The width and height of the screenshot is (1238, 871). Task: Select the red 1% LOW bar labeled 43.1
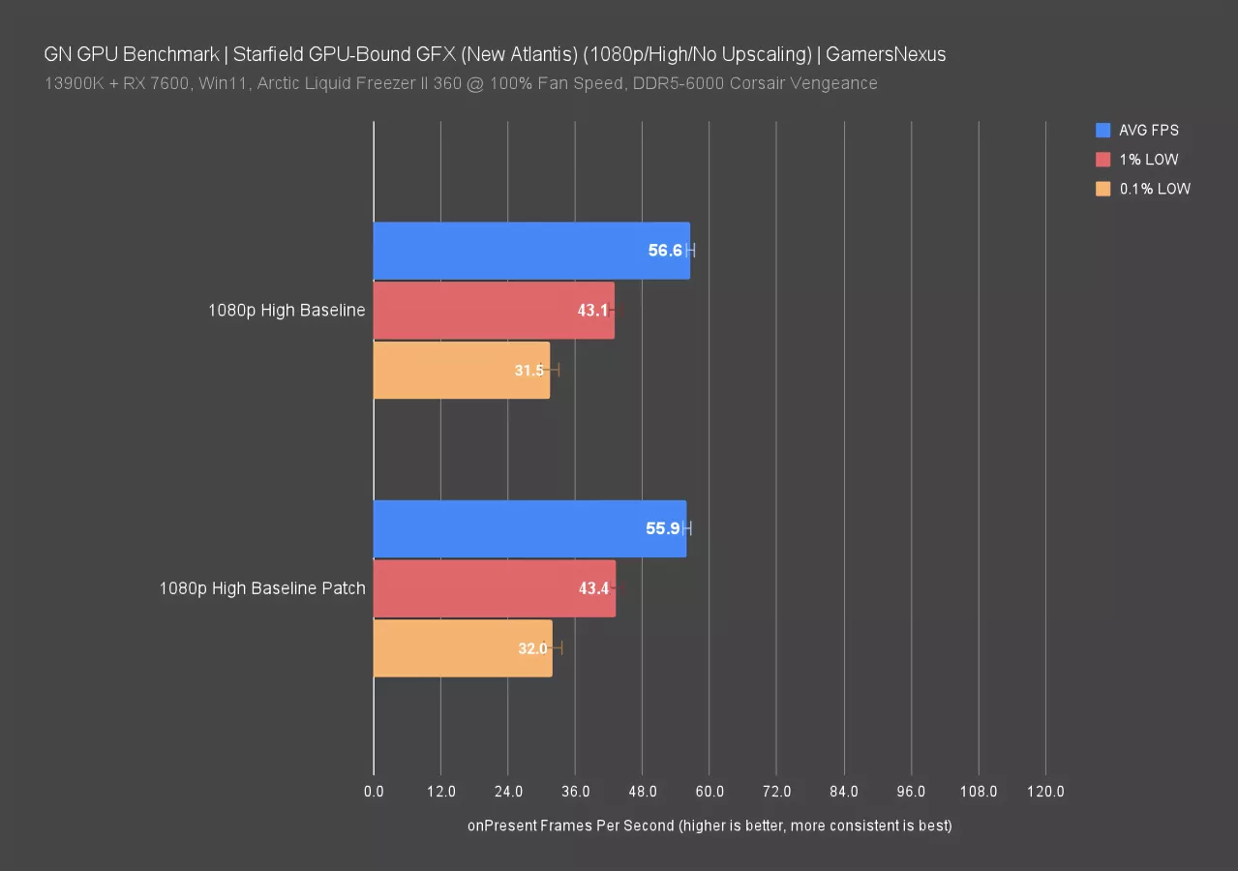(494, 311)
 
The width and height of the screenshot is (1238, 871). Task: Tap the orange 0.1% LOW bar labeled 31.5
(461, 370)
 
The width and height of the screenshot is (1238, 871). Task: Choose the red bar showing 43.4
(494, 588)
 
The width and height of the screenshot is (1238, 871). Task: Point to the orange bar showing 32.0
(462, 647)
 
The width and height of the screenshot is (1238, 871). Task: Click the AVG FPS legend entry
(1148, 130)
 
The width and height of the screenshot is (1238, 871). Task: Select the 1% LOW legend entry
(1148, 160)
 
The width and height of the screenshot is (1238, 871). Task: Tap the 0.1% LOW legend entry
(1154, 189)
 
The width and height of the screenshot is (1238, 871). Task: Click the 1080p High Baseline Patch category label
(262, 588)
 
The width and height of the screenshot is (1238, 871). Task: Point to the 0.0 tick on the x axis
(374, 792)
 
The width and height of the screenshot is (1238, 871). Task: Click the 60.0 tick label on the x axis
(710, 792)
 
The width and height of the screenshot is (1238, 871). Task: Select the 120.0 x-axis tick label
(1045, 792)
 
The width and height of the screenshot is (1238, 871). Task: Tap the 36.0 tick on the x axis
(575, 792)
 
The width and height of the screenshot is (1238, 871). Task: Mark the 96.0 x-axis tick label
(911, 792)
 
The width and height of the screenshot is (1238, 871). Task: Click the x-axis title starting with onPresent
(710, 826)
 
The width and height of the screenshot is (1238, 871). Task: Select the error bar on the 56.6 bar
(690, 251)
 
